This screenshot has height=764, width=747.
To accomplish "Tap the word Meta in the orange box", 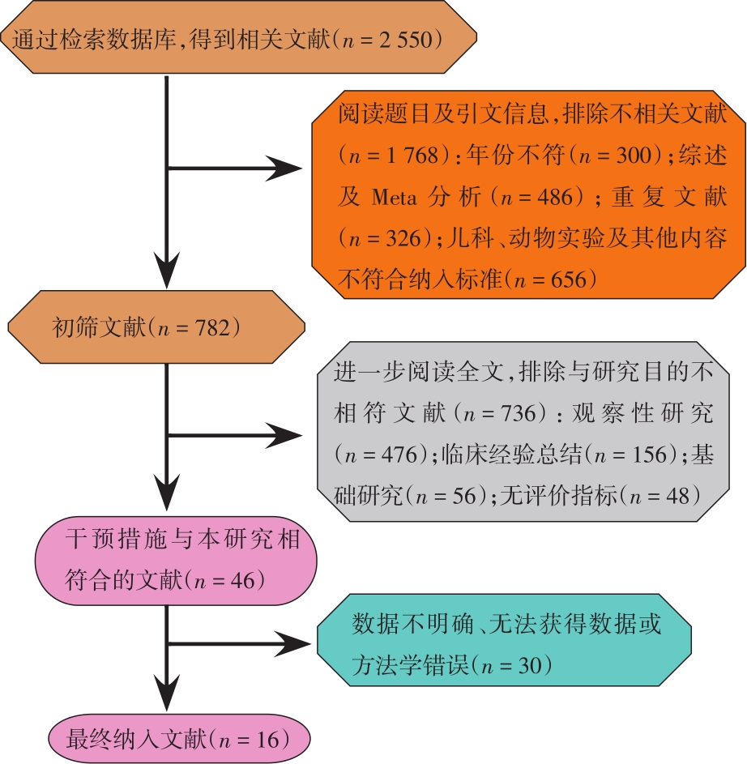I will pos(395,197).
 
